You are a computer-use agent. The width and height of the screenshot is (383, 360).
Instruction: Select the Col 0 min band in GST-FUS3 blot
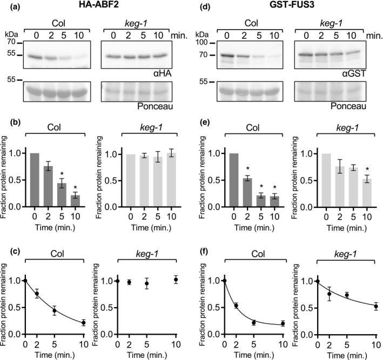227,55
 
